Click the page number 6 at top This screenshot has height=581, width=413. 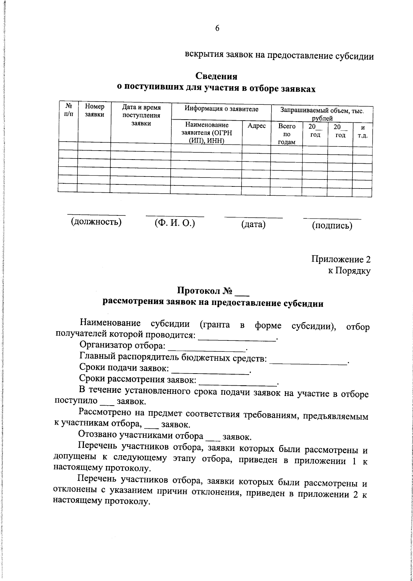217,29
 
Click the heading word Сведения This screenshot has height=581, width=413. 216,75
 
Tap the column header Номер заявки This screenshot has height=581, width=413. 94,111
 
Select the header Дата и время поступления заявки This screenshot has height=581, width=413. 141,115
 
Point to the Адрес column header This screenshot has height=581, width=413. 256,126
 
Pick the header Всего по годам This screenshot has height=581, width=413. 287,134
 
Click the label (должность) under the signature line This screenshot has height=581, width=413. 96,222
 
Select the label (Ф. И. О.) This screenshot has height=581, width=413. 175,223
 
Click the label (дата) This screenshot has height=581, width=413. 253,225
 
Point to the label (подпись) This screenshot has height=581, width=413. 332,226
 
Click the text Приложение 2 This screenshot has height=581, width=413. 341,259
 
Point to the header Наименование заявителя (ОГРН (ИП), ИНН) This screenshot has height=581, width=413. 206,133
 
